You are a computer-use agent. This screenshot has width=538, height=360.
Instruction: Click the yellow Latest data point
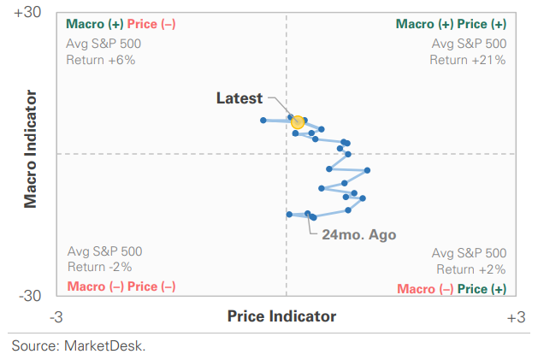click(x=298, y=122)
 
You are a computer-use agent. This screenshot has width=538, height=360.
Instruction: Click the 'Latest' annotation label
click(x=239, y=98)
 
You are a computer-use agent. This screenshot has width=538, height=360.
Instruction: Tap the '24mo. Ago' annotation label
click(x=359, y=233)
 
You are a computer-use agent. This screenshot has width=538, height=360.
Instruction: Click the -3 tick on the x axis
click(x=56, y=317)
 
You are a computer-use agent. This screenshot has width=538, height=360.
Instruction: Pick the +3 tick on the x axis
click(x=515, y=317)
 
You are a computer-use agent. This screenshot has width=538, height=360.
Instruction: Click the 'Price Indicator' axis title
click(x=281, y=316)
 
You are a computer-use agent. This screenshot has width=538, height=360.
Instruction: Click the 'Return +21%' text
click(x=468, y=60)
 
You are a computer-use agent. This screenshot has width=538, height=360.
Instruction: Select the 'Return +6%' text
click(x=100, y=60)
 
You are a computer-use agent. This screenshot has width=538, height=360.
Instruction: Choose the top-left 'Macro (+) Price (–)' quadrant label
click(x=121, y=24)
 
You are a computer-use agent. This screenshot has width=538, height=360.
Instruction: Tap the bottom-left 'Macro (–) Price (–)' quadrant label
click(x=121, y=286)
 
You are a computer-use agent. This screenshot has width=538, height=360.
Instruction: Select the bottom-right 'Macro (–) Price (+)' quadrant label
click(x=451, y=289)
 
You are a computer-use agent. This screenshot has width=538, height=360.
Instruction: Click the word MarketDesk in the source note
click(x=110, y=346)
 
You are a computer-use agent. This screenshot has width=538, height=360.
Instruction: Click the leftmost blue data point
click(x=263, y=120)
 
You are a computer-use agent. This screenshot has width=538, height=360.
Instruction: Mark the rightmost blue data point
click(x=367, y=170)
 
